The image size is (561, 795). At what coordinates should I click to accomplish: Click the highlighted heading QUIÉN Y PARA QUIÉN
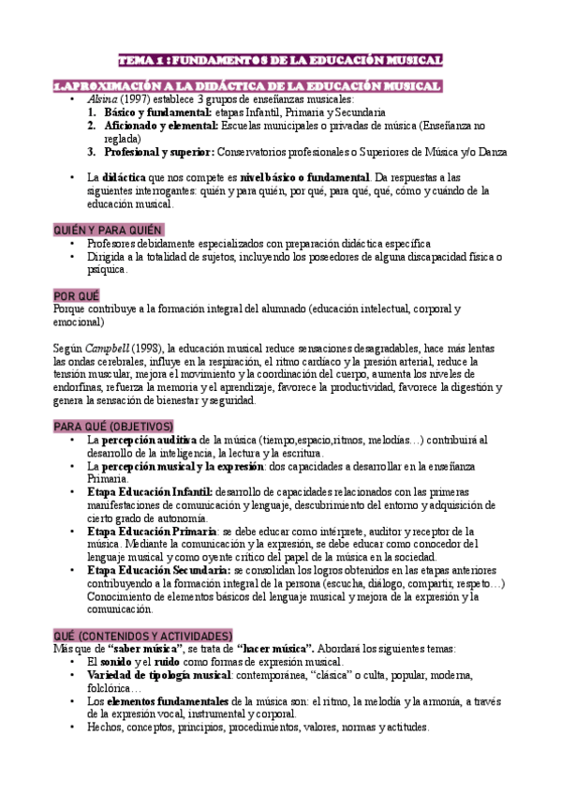click(108, 230)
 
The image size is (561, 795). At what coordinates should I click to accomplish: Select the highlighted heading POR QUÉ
click(77, 294)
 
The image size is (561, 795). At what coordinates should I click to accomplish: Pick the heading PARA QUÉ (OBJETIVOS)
click(113, 426)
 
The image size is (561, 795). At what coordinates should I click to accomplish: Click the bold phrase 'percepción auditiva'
click(148, 439)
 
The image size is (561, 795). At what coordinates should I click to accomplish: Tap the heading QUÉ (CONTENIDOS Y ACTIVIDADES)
click(143, 635)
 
